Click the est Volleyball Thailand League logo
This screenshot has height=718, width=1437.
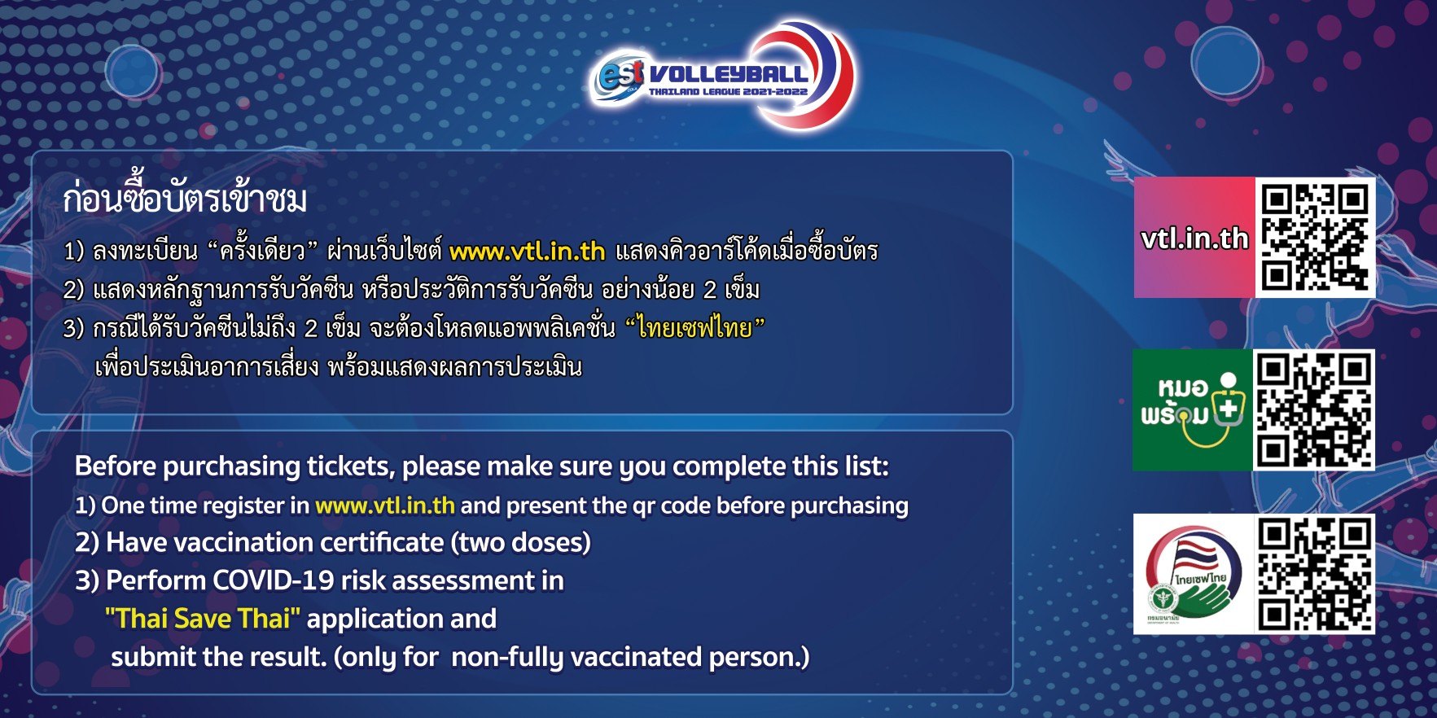[721, 75]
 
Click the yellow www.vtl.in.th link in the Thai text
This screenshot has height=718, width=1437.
[527, 251]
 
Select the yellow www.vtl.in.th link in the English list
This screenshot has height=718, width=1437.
[385, 506]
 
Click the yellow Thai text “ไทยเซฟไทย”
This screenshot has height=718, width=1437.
[695, 327]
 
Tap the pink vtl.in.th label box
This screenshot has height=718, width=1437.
[1194, 237]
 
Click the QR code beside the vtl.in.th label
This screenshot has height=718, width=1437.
[1315, 237]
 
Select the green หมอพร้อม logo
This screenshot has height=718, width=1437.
[1192, 410]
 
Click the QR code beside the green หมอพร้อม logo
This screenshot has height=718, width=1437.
[1313, 410]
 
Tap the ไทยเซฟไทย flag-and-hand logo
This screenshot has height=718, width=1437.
[1193, 575]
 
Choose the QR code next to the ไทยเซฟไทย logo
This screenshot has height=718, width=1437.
[1314, 575]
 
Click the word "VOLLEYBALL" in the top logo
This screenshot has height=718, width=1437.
[728, 74]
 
